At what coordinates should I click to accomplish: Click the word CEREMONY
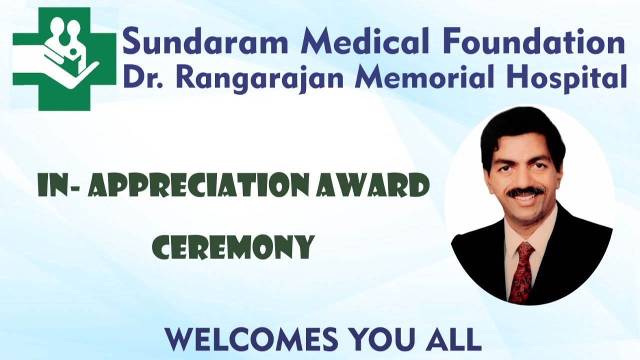point(233,246)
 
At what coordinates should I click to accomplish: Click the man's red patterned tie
point(521,270)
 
